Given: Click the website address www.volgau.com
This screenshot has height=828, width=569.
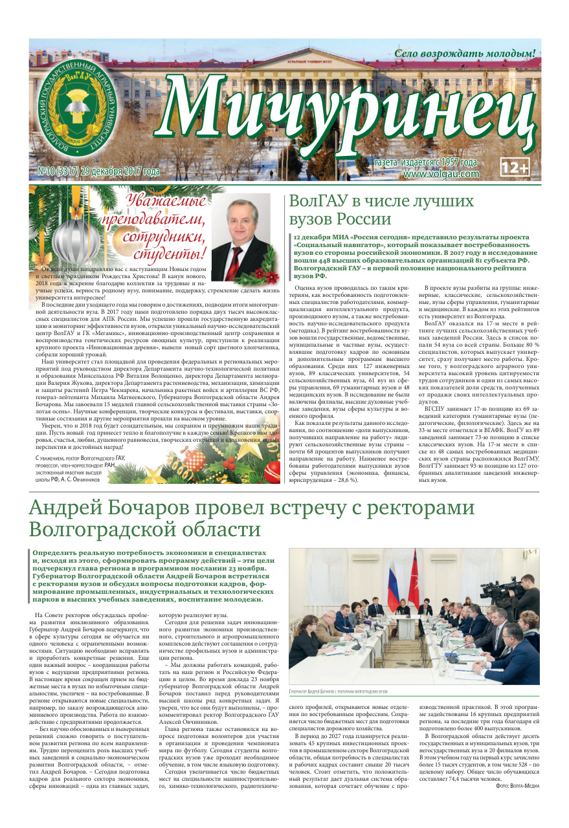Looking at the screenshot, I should tap(440, 173).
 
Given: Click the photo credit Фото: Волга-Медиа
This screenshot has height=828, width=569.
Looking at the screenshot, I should tap(517, 785).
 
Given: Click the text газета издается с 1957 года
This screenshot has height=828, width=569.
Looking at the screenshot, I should tap(426, 163).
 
